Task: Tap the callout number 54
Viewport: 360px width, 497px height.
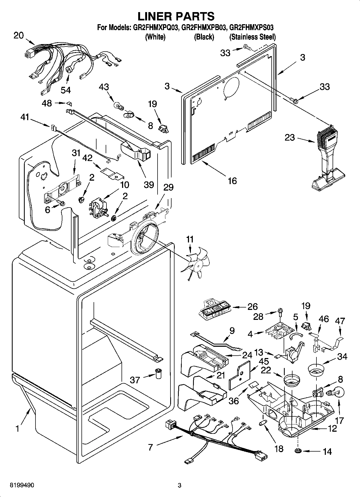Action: pos(66,90)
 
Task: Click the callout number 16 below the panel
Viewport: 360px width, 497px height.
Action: pos(232,181)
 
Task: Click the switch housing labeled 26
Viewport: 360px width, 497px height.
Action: pos(214,310)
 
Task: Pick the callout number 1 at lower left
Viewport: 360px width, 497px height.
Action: pos(17,428)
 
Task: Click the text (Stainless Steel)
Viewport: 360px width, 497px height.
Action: pos(252,37)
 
